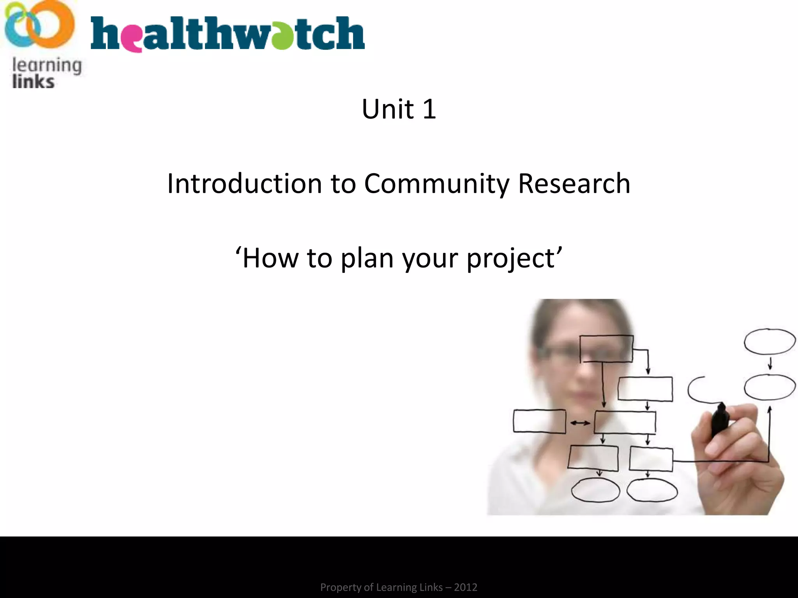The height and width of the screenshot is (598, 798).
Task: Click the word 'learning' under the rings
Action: (x=47, y=65)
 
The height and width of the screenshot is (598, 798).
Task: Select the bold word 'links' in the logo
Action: (x=34, y=82)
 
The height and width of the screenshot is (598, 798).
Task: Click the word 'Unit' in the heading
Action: (x=387, y=109)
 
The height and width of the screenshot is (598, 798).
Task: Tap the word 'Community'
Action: (x=436, y=183)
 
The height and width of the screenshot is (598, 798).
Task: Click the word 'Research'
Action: (x=574, y=183)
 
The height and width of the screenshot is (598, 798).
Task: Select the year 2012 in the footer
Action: (x=466, y=587)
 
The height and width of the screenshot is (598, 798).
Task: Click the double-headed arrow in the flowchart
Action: (x=580, y=423)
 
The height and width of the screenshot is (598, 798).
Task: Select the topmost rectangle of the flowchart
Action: (x=606, y=349)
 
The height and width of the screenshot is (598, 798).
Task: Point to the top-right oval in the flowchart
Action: (x=770, y=341)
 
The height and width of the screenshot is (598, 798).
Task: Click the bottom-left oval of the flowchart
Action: (x=595, y=490)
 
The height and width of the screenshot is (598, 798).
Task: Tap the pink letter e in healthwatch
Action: (x=134, y=39)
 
